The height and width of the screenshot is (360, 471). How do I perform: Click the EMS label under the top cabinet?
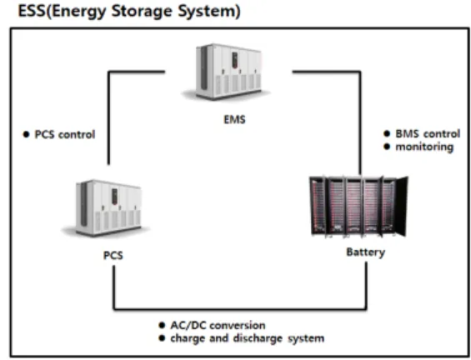point(234,119)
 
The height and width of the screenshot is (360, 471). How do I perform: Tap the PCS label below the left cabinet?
point(113,255)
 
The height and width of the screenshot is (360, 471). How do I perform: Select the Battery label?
point(366,252)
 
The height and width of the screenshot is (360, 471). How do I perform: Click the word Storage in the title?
point(143,12)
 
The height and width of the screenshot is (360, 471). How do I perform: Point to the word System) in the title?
point(209,12)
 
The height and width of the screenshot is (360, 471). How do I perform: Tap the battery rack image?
point(359,206)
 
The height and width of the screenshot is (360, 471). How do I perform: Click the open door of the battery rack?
point(401,206)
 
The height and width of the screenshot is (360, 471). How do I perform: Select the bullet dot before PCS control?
point(27,134)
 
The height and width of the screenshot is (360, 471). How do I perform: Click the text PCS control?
point(65,134)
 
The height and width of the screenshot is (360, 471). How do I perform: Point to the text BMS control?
point(428,133)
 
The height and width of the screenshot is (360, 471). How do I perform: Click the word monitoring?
point(424,147)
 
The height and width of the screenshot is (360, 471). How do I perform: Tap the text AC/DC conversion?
point(218,325)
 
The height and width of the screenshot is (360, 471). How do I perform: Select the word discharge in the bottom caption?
point(258,338)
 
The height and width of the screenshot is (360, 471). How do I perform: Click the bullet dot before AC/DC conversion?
point(162,325)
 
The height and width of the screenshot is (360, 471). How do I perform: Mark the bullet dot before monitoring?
point(387,147)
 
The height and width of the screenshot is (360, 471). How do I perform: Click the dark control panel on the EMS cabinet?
point(235,60)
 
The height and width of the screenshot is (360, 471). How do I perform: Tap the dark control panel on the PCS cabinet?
point(115,197)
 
